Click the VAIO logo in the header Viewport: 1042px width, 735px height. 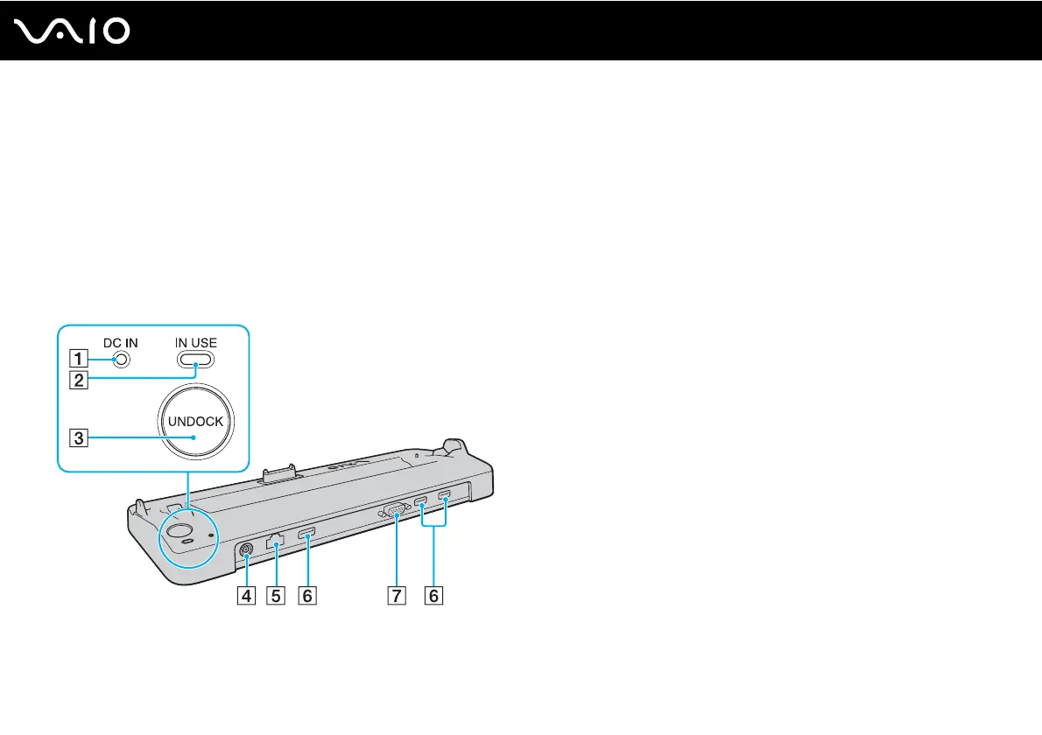[74, 31]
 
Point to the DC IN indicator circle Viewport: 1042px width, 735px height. [122, 360]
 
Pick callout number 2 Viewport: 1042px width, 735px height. [80, 380]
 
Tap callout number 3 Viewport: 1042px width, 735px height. [80, 438]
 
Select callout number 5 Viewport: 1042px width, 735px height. [276, 596]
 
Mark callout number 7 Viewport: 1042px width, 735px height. [397, 596]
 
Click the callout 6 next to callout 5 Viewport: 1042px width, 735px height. [306, 596]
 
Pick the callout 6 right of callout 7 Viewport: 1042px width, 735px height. [433, 596]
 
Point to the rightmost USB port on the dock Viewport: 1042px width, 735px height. [445, 499]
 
